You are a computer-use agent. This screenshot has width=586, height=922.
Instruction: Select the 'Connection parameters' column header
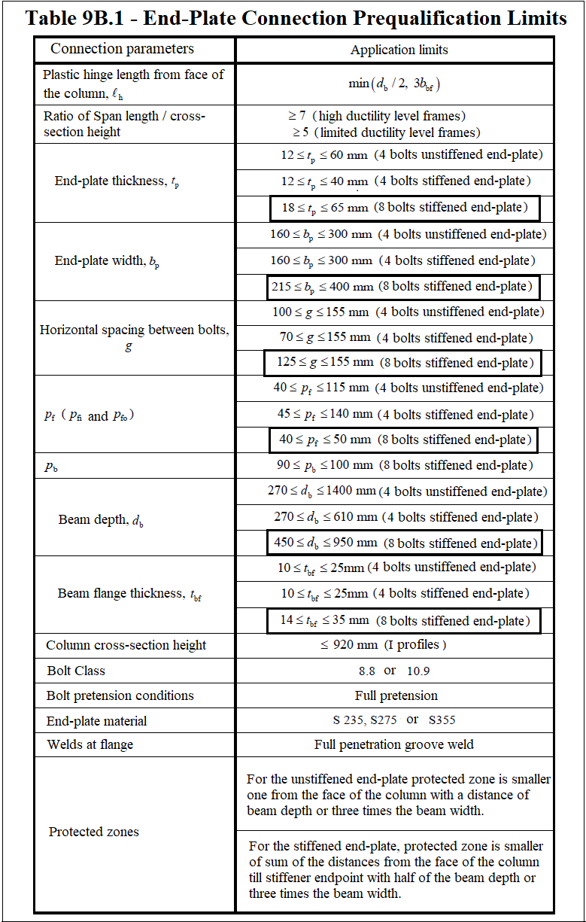coord(122,49)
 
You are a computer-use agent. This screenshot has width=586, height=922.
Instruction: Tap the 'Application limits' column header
coord(399,50)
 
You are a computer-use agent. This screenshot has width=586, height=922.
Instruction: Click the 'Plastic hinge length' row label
coord(133,84)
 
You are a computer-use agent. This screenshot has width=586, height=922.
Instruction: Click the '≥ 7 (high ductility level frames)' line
coord(377,116)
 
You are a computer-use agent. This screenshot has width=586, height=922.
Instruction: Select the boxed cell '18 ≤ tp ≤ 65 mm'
coord(405,207)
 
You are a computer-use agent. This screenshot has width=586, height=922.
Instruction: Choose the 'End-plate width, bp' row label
coord(107,262)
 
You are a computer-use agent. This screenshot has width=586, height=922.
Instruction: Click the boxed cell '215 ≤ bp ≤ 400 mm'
coord(404,286)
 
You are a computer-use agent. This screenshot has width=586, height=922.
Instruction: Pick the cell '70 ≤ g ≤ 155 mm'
coord(403,338)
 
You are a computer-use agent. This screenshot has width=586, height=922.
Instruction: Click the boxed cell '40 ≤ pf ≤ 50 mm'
coord(405,440)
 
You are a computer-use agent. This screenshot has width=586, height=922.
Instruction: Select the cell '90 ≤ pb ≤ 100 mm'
coord(403,465)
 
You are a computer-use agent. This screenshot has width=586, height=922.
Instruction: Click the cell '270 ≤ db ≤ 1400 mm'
coord(406,491)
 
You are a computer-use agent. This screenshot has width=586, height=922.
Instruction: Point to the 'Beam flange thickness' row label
coord(129,594)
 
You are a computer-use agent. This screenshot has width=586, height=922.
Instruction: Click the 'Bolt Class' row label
coord(76,671)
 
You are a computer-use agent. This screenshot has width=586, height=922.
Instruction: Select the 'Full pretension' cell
coord(396,695)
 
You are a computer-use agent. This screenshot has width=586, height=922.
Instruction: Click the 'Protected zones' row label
coord(94,832)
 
